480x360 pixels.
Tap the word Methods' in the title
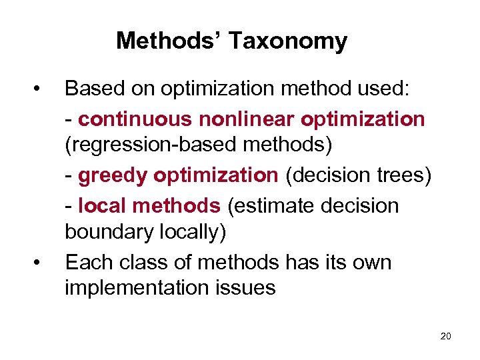(x=170, y=41)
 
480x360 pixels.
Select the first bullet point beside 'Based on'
(x=41, y=88)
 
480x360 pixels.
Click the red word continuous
(x=135, y=119)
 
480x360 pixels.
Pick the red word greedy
(x=113, y=175)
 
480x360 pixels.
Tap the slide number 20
(x=445, y=336)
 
